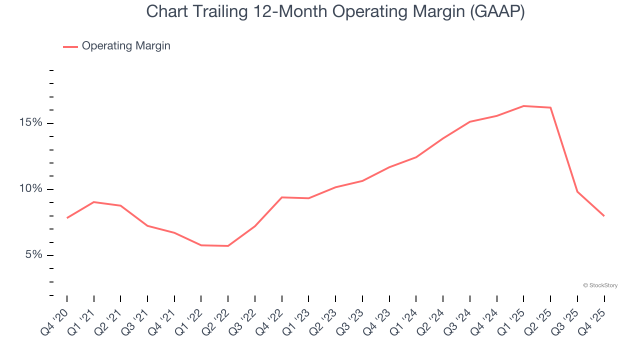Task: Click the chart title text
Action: pyautogui.click(x=335, y=11)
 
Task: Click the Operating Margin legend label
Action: pyautogui.click(x=126, y=46)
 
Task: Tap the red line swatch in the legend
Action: pyautogui.click(x=70, y=46)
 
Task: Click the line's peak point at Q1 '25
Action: pyautogui.click(x=523, y=106)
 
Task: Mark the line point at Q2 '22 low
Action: pyautogui.click(x=228, y=245)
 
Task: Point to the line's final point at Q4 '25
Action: pyautogui.click(x=604, y=215)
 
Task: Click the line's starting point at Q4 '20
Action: pyautogui.click(x=67, y=217)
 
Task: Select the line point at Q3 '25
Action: pyautogui.click(x=577, y=191)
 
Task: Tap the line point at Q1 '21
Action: pyautogui.click(x=94, y=202)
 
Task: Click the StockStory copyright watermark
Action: pyautogui.click(x=600, y=285)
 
